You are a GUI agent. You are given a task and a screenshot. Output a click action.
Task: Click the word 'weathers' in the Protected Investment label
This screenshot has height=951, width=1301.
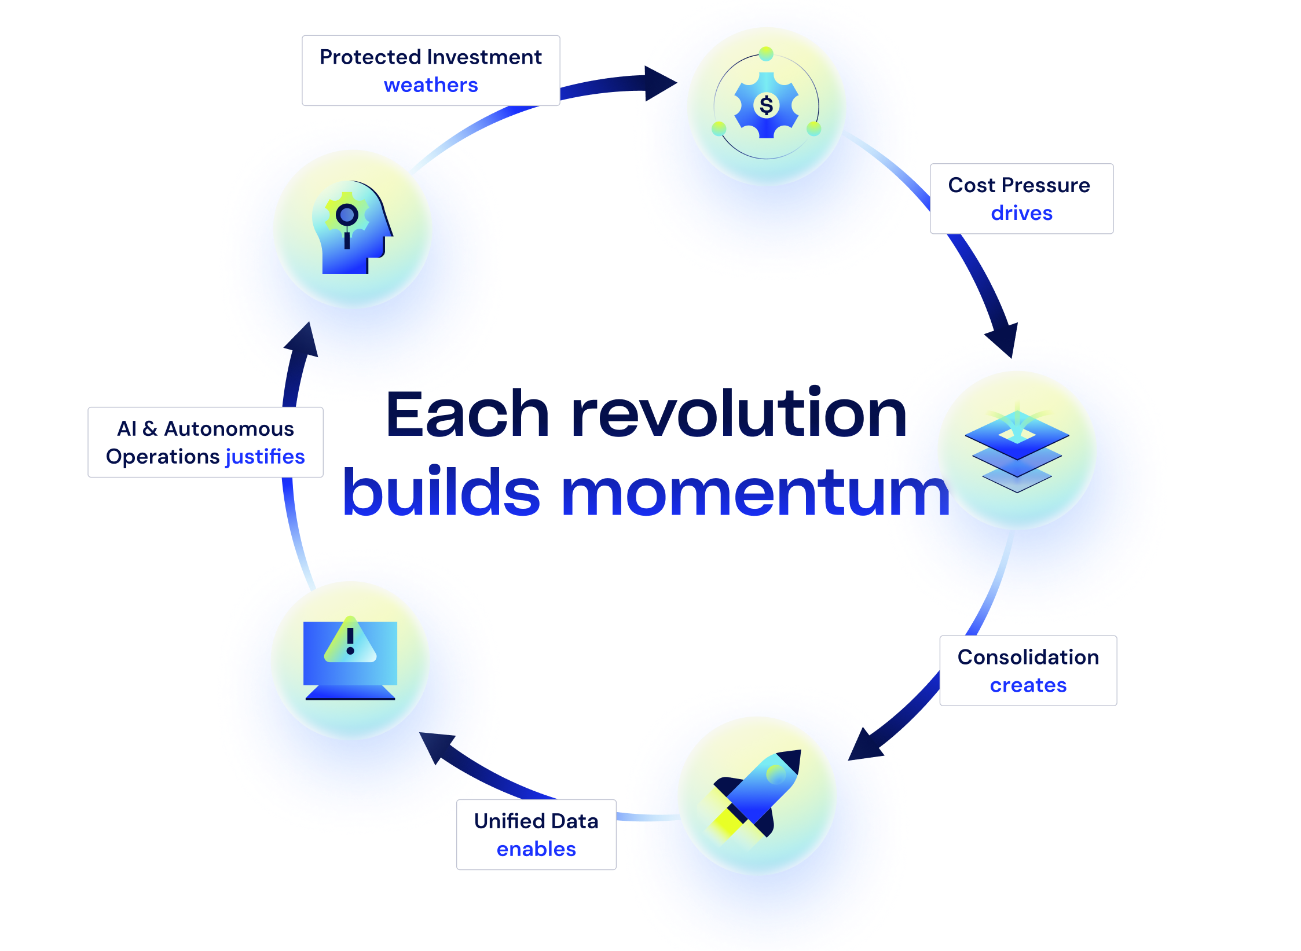pyautogui.click(x=431, y=85)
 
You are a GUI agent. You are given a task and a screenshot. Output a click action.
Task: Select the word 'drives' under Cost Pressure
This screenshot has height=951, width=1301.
pyautogui.click(x=1021, y=213)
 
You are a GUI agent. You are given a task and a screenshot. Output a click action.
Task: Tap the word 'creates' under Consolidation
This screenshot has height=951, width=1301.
pyautogui.click(x=1028, y=685)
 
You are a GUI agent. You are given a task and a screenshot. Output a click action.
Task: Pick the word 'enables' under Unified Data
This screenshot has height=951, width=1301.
pyautogui.click(x=536, y=849)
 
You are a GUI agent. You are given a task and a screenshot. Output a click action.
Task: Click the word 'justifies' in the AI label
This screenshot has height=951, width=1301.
pyautogui.click(x=265, y=457)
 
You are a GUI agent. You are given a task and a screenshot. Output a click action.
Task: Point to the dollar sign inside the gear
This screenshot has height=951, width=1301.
pyautogui.click(x=766, y=105)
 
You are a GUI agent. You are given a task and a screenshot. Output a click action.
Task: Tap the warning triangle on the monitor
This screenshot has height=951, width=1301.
pyautogui.click(x=350, y=642)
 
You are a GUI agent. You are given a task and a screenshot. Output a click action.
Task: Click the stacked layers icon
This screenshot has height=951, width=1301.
pyautogui.click(x=1017, y=451)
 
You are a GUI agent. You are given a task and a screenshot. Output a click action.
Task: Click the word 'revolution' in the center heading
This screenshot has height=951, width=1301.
pyautogui.click(x=738, y=414)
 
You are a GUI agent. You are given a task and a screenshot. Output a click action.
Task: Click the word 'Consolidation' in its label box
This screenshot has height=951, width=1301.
pyautogui.click(x=1028, y=658)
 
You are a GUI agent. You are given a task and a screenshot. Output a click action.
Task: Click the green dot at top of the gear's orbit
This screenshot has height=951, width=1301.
pyautogui.click(x=766, y=54)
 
